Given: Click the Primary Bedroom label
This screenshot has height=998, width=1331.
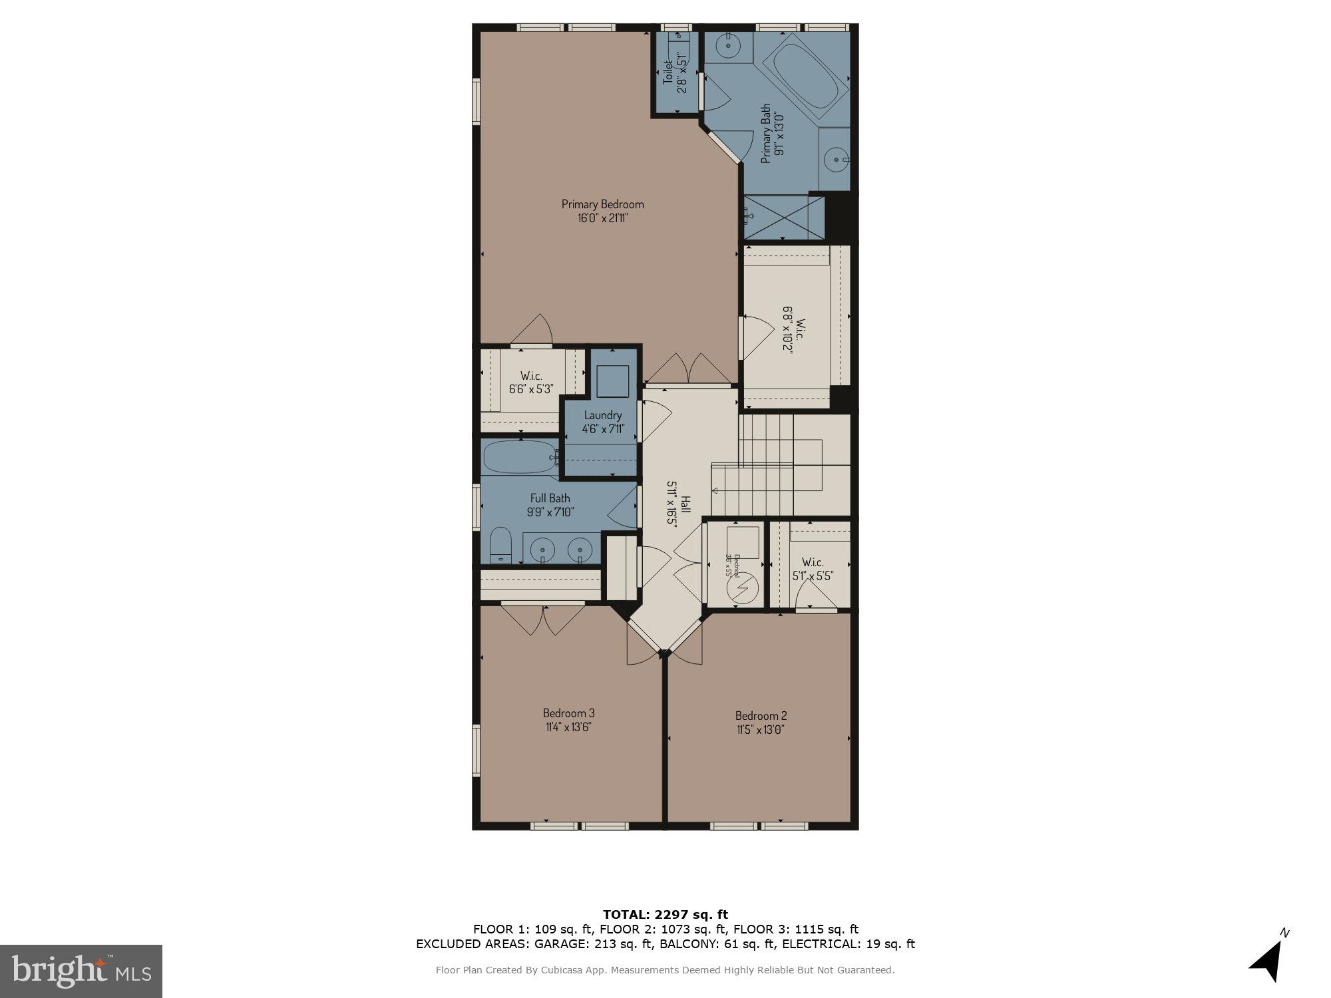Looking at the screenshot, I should click(602, 204).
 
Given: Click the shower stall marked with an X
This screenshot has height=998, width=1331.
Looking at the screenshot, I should click(783, 217).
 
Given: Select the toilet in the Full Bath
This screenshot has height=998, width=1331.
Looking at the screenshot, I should click(500, 546).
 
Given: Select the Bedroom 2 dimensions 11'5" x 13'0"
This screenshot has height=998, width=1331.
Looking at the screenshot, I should click(761, 729).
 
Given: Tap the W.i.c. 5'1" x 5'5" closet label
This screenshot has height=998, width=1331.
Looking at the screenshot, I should click(813, 569).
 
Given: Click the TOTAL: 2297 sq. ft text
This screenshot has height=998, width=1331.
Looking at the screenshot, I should click(665, 914).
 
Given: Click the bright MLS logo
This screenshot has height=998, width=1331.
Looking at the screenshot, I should click(81, 971).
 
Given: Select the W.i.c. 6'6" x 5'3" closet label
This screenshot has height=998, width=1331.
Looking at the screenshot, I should click(531, 382).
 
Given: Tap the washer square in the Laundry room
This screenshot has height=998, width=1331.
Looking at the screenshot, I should click(612, 381).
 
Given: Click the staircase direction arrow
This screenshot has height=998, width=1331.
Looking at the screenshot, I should click(716, 491).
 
